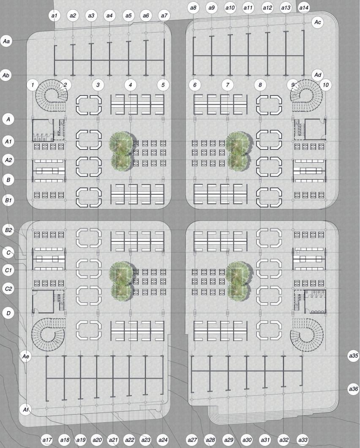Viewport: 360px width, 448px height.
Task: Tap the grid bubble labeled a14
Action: (x=304, y=8)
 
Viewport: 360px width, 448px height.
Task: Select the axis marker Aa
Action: (x=7, y=41)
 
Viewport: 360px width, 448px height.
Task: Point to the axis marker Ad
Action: (x=318, y=75)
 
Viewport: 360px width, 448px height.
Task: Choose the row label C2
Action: (x=8, y=289)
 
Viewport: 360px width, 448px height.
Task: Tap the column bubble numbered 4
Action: (x=131, y=85)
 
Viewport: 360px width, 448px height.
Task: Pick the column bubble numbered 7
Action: (x=228, y=85)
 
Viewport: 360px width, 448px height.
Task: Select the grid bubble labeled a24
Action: (x=163, y=440)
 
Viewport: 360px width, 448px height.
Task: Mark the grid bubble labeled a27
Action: (x=193, y=440)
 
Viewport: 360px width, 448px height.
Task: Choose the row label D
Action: (x=8, y=313)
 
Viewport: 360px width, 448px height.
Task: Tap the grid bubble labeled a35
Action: (x=353, y=356)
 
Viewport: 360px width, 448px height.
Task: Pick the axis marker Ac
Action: (x=318, y=22)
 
